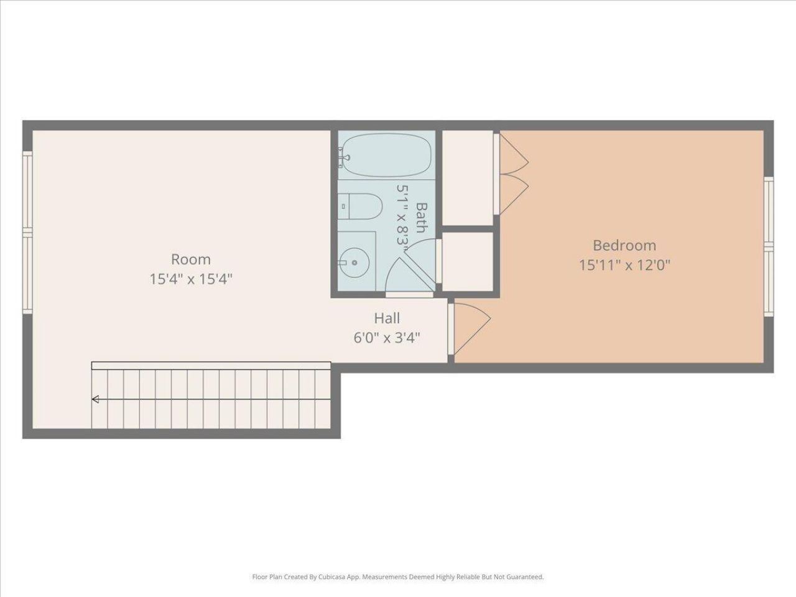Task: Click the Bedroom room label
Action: point(624,245)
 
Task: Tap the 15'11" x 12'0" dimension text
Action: point(624,266)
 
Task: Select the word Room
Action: point(191,259)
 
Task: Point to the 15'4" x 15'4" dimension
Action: point(191,279)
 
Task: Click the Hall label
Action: point(387,318)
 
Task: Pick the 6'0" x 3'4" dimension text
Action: point(387,338)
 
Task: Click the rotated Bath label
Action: point(421,217)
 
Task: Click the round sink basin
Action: point(354,261)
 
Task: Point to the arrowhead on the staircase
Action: point(95,399)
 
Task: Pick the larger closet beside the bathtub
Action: point(466,178)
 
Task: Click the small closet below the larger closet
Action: point(468,261)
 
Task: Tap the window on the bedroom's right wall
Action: point(769,246)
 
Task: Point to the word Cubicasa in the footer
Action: point(336,577)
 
